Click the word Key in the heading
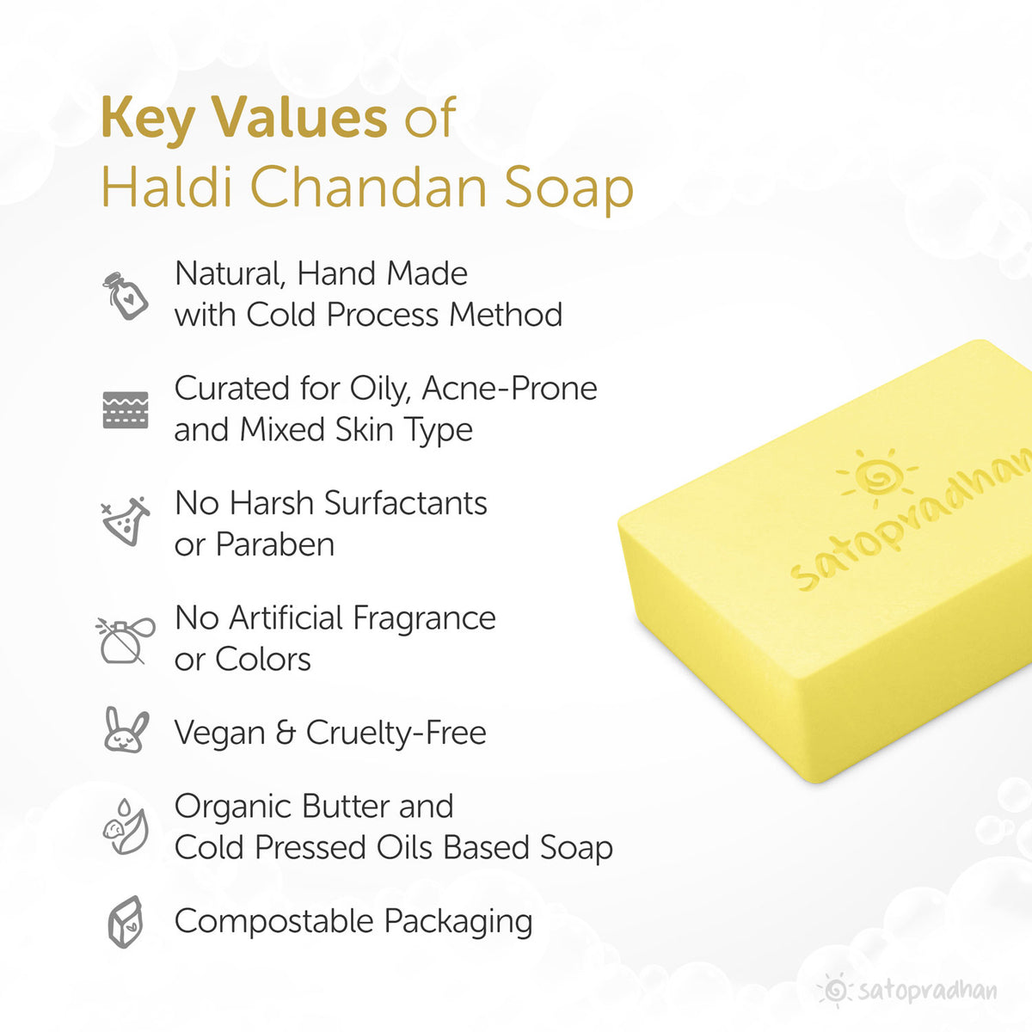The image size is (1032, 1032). click(x=148, y=118)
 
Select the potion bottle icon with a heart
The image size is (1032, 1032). click(x=126, y=295)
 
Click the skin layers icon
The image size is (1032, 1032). click(x=126, y=409)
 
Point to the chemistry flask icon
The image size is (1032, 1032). click(x=126, y=522)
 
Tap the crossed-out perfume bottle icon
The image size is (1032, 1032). click(x=126, y=639)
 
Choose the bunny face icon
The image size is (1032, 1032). click(x=126, y=730)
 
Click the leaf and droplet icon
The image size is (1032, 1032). click(x=126, y=826)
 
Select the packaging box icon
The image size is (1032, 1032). click(x=126, y=922)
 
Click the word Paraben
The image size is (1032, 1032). click(x=275, y=544)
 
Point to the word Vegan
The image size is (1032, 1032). click(x=219, y=733)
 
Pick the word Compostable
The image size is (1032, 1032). click(x=274, y=922)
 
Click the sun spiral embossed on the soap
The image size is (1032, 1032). click(x=877, y=476)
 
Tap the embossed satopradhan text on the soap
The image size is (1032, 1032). click(x=912, y=528)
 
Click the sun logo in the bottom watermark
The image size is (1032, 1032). click(x=832, y=990)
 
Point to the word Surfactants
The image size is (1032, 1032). click(x=403, y=503)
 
